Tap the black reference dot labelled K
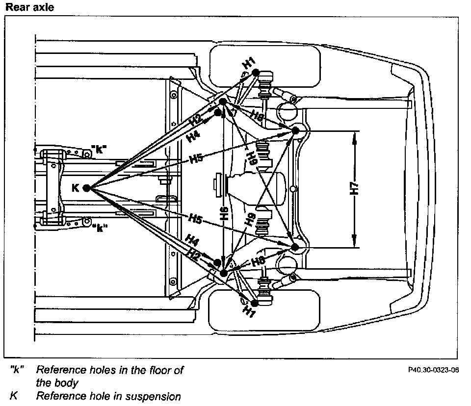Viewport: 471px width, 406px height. coord(86,188)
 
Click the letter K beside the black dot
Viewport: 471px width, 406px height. coord(75,187)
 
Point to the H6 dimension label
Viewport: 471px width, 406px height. coord(224,213)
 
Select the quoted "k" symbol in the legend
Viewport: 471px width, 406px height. coord(17,370)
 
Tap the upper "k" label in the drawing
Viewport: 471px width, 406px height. coord(100,149)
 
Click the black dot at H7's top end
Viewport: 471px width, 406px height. coord(295,131)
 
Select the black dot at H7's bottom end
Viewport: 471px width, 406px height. coord(295,247)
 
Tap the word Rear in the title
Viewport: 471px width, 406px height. coord(16,7)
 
